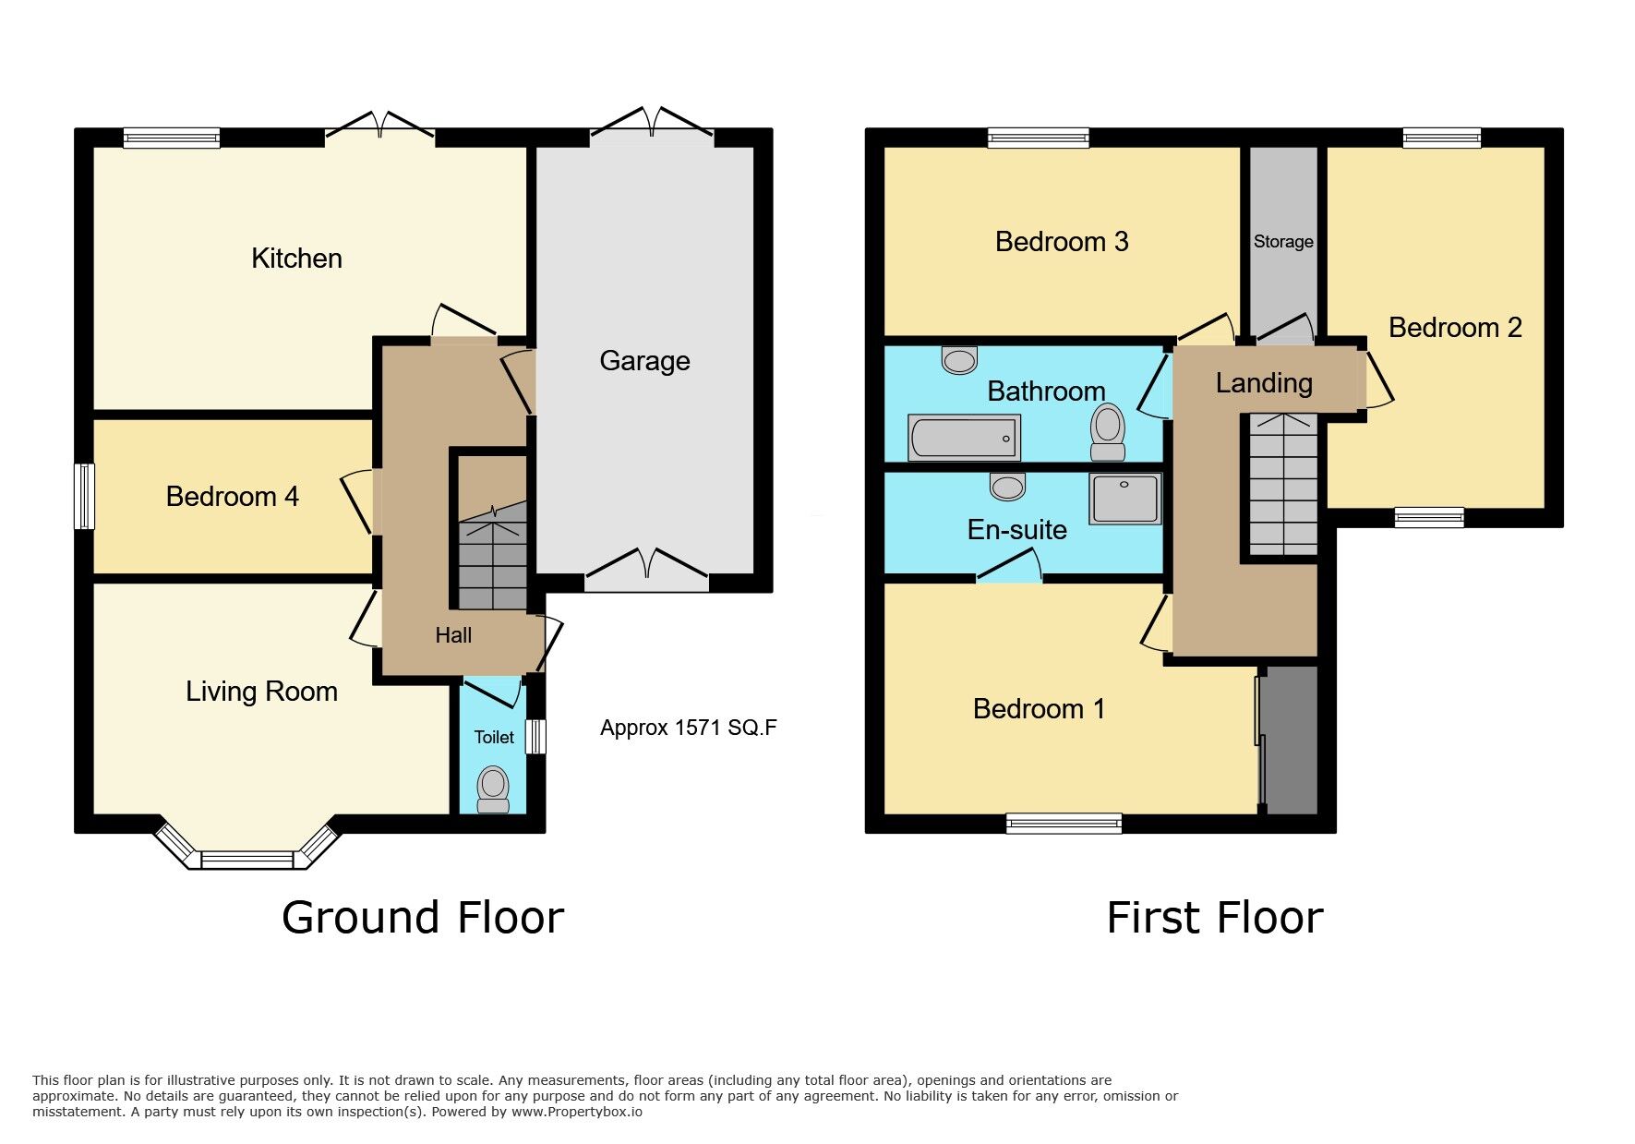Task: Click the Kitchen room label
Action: [296, 259]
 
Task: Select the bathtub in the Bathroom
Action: [964, 438]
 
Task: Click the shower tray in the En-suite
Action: [1124, 499]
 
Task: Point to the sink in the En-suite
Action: [1006, 486]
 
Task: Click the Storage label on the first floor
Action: [1283, 242]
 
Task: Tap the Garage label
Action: [644, 361]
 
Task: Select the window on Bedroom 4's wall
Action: [85, 496]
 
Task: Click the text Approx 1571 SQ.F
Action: [688, 728]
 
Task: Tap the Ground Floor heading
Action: [423, 918]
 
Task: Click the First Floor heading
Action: [1214, 918]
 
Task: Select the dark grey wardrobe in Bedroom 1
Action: [1290, 741]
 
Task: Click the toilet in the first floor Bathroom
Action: [1108, 432]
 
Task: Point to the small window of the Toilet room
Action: [535, 737]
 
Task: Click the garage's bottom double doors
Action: [646, 572]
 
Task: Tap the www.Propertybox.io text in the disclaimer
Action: [576, 1112]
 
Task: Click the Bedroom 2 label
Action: [1454, 328]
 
